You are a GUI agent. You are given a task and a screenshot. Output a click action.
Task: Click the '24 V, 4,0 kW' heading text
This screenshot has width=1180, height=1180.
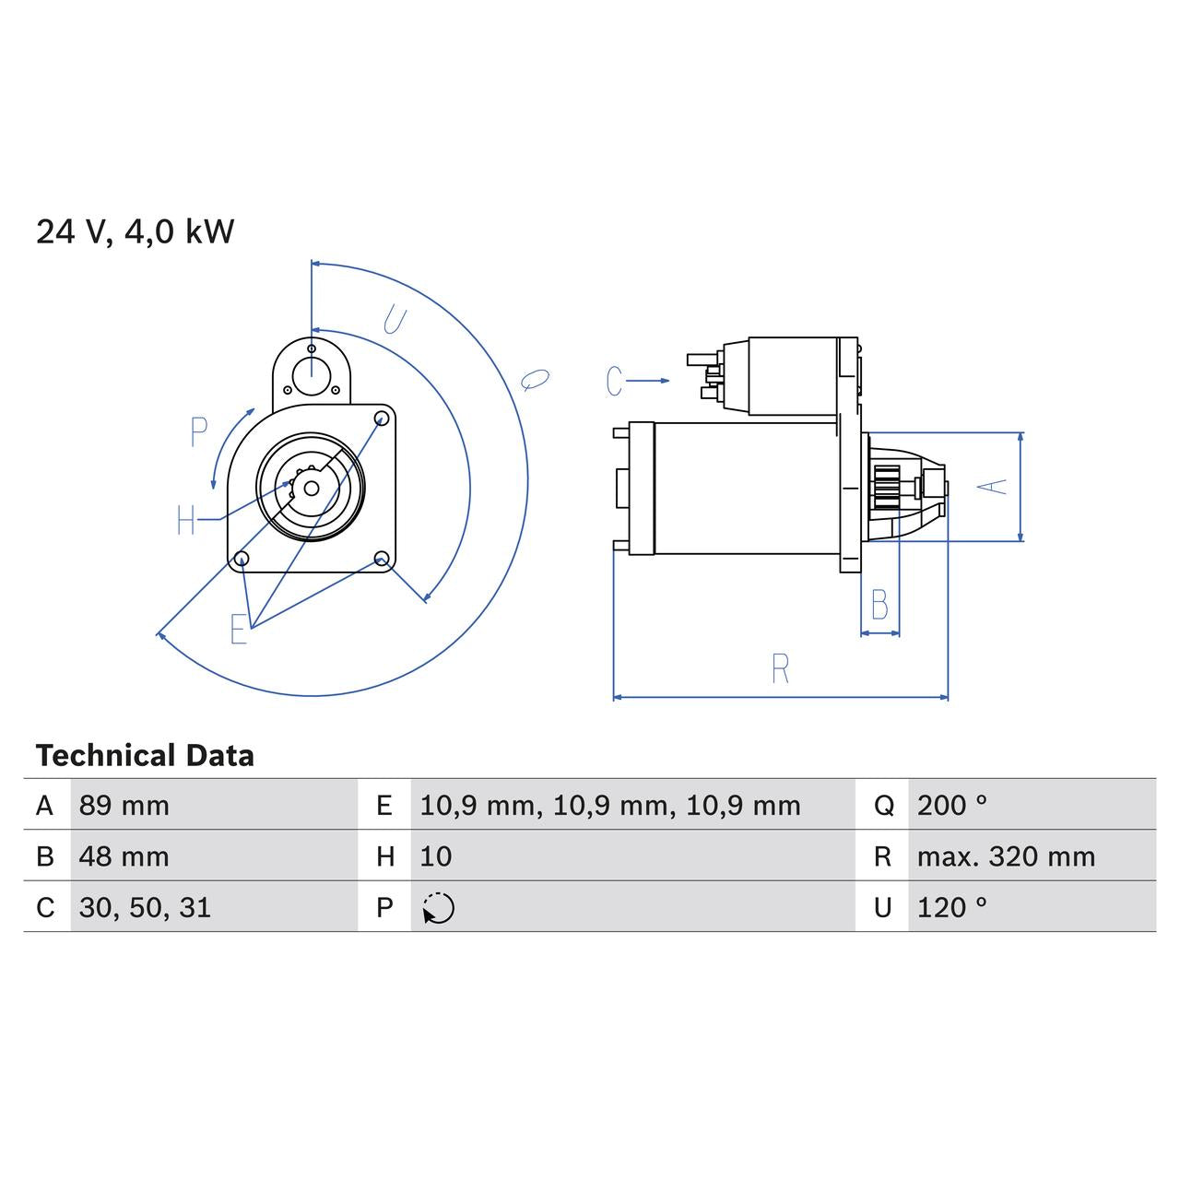click(136, 231)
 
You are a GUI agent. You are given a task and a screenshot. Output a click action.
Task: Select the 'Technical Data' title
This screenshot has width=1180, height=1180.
click(145, 756)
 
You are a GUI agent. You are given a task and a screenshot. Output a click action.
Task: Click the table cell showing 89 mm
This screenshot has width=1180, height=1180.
click(124, 806)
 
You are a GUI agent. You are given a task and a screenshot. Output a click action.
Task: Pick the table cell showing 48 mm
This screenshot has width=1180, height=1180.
click(124, 856)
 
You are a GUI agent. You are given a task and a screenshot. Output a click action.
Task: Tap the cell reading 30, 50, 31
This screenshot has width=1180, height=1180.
click(145, 908)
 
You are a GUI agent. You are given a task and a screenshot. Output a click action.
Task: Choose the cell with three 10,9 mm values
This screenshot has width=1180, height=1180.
click(609, 806)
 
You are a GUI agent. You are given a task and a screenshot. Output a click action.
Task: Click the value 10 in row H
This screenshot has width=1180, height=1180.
click(436, 856)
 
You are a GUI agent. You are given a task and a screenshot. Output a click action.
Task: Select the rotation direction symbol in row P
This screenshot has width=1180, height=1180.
click(438, 908)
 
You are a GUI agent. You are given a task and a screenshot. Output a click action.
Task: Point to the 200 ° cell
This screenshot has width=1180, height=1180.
click(951, 806)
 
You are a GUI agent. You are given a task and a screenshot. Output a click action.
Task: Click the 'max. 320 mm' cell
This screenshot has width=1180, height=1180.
click(1006, 856)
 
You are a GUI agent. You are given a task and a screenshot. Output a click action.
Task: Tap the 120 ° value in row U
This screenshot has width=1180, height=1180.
click(951, 908)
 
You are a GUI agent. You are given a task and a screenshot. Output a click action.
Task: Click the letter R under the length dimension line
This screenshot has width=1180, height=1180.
click(780, 668)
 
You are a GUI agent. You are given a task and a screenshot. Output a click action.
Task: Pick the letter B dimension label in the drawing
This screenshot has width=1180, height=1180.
click(879, 606)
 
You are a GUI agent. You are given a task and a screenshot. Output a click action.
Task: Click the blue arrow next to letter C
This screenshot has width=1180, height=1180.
click(652, 380)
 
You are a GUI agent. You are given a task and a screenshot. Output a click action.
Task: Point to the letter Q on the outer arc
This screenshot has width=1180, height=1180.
click(535, 378)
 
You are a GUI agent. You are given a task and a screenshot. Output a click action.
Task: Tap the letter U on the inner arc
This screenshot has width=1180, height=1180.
click(394, 320)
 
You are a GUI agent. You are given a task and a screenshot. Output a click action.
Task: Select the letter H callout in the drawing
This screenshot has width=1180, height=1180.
click(186, 520)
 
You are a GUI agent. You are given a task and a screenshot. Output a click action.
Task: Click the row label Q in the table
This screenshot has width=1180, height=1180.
click(883, 806)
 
